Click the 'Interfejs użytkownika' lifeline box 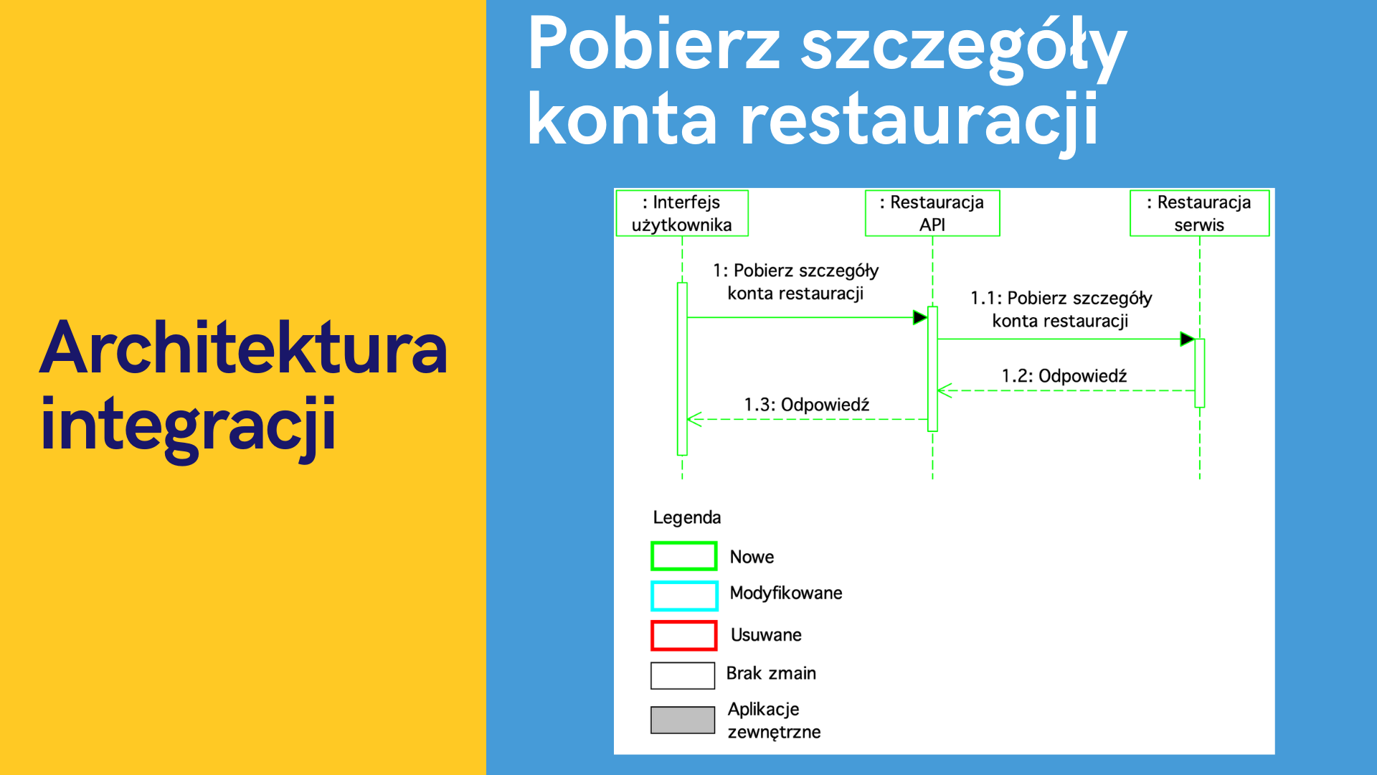(x=682, y=213)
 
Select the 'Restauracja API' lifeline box (x=932, y=213)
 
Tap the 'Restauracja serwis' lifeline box (x=1199, y=213)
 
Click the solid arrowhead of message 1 (x=920, y=317)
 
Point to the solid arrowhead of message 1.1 (x=1187, y=339)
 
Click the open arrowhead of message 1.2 (x=945, y=390)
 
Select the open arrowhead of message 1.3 (x=694, y=419)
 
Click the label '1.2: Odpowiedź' (x=1064, y=375)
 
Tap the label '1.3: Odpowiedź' (x=807, y=405)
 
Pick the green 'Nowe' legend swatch (x=683, y=556)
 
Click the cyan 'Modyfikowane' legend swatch (x=683, y=596)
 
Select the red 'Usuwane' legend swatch (x=683, y=635)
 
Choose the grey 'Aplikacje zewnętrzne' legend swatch (x=683, y=720)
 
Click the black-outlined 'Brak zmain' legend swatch (x=683, y=675)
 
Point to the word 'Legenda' (x=687, y=517)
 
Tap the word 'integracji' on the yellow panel (x=189, y=428)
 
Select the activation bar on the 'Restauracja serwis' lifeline (x=1200, y=373)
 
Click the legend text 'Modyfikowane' (x=786, y=593)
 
